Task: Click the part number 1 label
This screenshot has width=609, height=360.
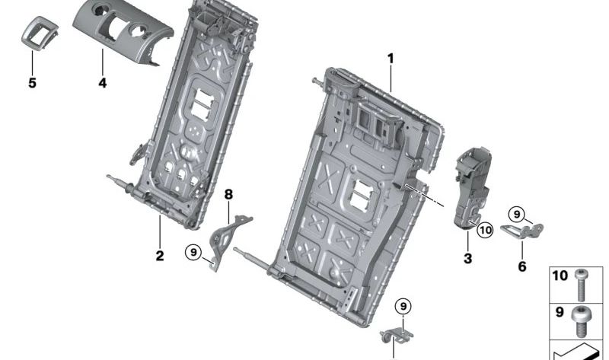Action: [391, 59]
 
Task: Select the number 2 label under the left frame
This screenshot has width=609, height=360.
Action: [160, 256]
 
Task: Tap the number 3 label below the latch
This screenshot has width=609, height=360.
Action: [467, 259]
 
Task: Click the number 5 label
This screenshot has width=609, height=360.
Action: [32, 82]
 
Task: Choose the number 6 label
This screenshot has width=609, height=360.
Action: [521, 266]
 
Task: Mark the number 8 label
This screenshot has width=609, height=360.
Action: [228, 195]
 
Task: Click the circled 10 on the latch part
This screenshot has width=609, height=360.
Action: [486, 228]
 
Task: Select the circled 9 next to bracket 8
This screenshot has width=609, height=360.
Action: [193, 250]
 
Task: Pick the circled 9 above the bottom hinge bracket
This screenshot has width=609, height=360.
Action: [402, 306]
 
